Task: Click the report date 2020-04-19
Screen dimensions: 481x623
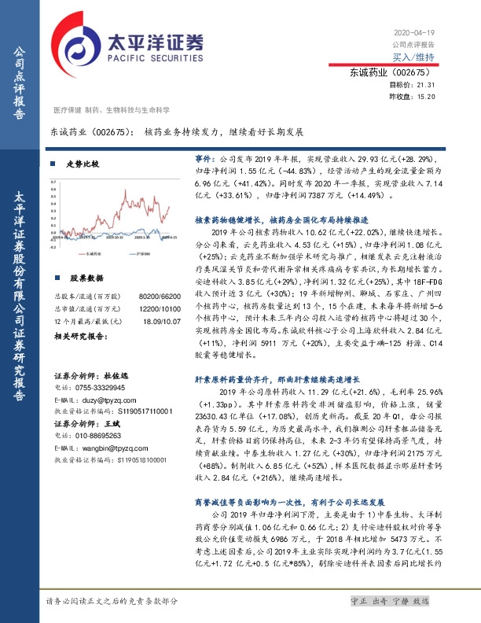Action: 413,33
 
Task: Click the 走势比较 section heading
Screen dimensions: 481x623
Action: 83,164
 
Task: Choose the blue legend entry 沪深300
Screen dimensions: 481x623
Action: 141,254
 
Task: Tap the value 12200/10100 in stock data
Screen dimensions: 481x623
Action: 151,307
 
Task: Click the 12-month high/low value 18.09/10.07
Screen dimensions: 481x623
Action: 151,319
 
